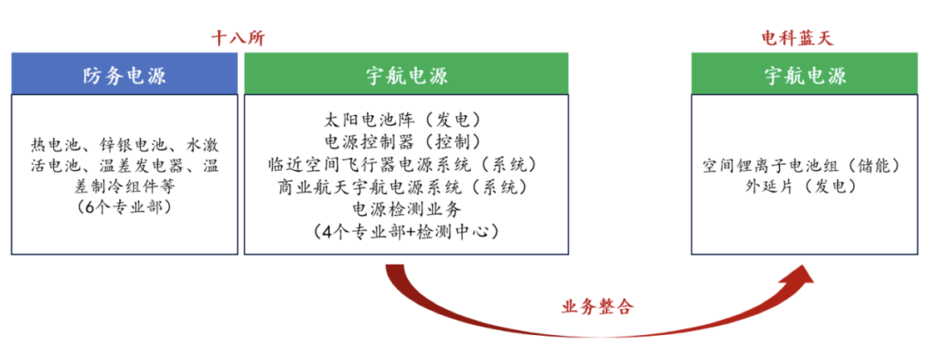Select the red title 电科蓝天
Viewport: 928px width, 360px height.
798,38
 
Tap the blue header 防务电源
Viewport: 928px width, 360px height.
125,76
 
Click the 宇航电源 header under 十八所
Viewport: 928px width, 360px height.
406,76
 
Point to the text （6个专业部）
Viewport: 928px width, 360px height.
125,208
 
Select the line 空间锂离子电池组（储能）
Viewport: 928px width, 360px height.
801,164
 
